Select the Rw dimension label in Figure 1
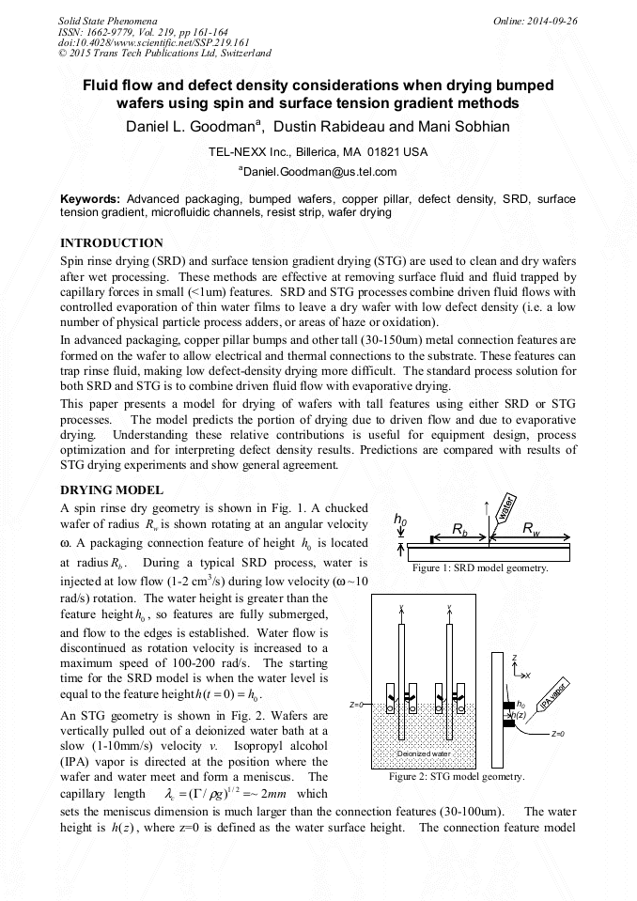point(532,529)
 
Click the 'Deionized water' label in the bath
point(424,753)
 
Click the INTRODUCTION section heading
point(112,242)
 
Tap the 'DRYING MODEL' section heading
point(112,490)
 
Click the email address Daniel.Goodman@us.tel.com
point(318,172)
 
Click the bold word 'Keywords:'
point(90,200)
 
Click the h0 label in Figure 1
point(400,520)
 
